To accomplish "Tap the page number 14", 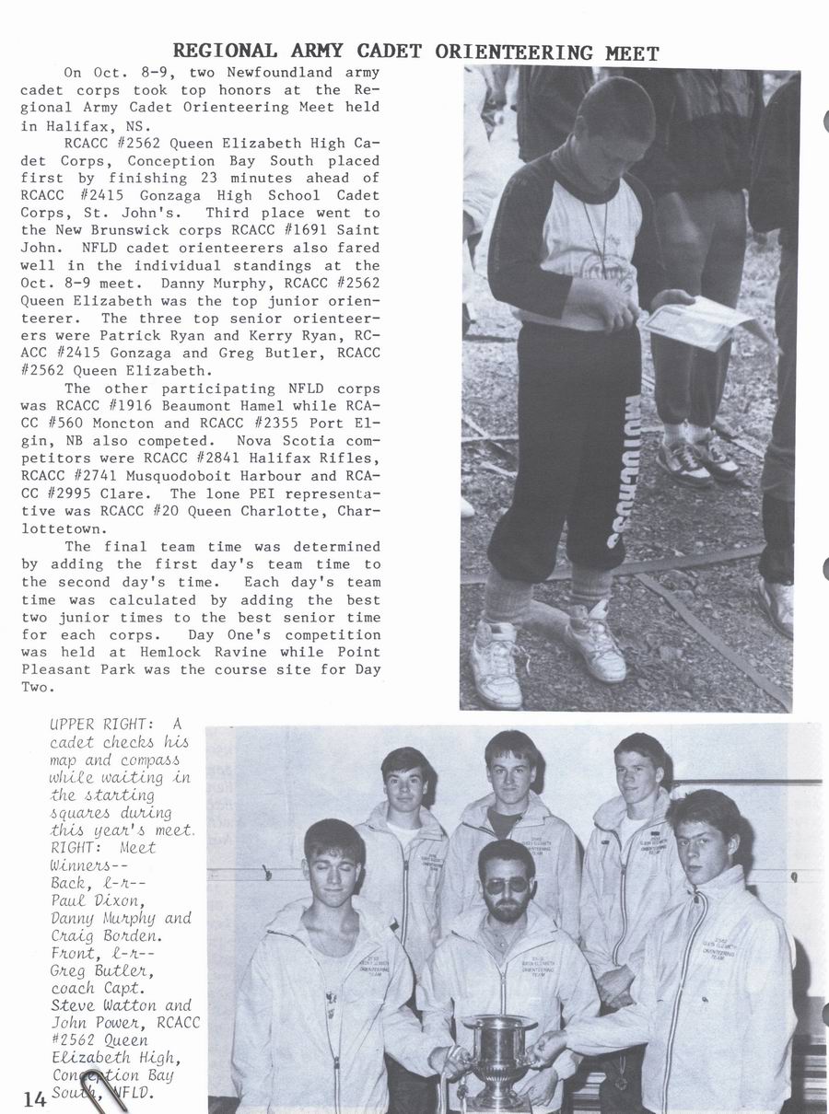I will point(36,1097).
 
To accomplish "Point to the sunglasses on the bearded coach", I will point(506,883).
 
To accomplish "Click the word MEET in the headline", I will point(632,53).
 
